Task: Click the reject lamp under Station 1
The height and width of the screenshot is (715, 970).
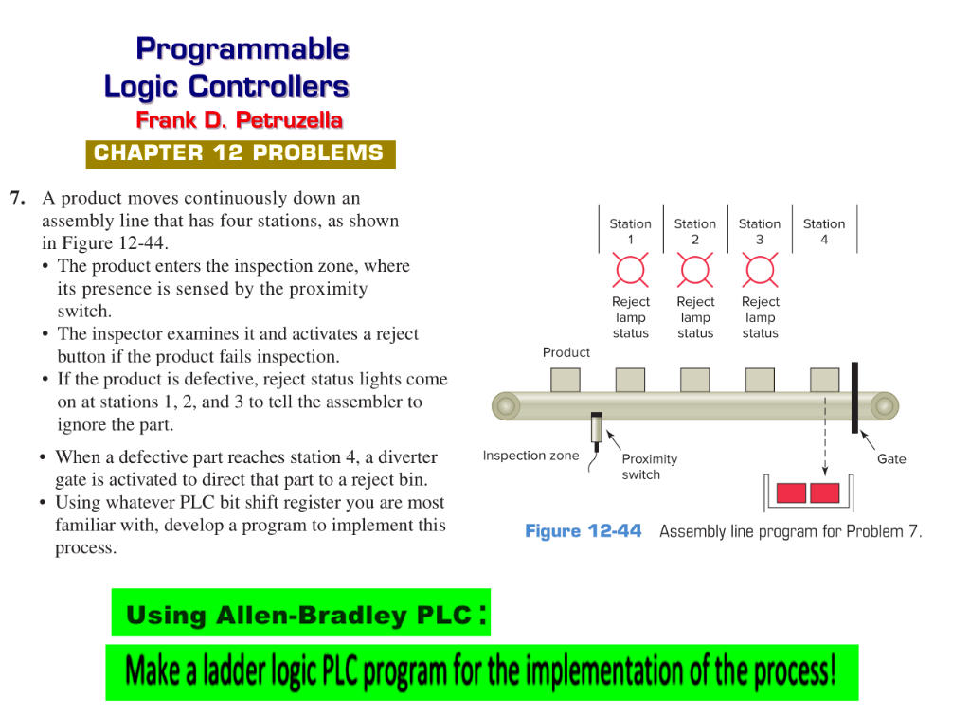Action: (630, 270)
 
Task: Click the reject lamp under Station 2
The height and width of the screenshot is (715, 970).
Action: (694, 270)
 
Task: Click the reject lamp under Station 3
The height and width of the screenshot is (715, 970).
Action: (760, 270)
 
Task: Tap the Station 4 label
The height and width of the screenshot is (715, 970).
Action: (823, 231)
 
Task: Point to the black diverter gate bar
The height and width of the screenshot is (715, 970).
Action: (854, 397)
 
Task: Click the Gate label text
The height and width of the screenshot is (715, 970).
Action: (891, 459)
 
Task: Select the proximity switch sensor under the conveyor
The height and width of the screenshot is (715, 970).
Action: (597, 428)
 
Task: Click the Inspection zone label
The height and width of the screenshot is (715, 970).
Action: (530, 456)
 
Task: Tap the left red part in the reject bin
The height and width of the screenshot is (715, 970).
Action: (791, 493)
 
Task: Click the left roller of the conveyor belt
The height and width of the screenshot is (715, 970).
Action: (506, 407)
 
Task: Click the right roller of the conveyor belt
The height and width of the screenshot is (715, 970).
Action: (884, 407)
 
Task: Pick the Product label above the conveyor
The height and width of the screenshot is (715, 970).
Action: (566, 352)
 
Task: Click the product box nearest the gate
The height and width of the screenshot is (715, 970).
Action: (824, 380)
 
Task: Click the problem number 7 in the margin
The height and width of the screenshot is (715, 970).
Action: (17, 199)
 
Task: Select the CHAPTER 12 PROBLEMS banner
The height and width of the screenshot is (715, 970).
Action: (240, 153)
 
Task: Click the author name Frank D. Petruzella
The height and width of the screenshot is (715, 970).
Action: (239, 120)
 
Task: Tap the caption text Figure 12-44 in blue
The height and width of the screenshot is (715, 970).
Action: (583, 531)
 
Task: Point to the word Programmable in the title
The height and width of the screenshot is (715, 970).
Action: (242, 48)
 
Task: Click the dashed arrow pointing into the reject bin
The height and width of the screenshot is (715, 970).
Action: (824, 440)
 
